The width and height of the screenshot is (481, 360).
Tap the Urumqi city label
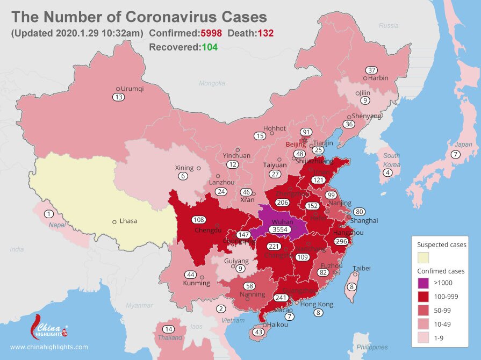(133, 89)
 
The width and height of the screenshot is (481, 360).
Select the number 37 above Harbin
(371, 70)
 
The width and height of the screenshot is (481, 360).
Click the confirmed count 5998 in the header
(212, 33)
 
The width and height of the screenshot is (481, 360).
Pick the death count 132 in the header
(265, 33)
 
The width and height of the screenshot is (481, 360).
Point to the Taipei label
(361, 268)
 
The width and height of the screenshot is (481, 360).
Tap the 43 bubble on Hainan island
(259, 333)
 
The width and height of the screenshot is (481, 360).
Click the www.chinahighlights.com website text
(49, 347)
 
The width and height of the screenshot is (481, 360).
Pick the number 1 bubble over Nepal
(49, 214)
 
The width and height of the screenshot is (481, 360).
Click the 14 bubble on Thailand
(169, 329)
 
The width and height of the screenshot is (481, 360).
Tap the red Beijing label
(296, 145)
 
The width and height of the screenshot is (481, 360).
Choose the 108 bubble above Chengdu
(199, 219)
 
